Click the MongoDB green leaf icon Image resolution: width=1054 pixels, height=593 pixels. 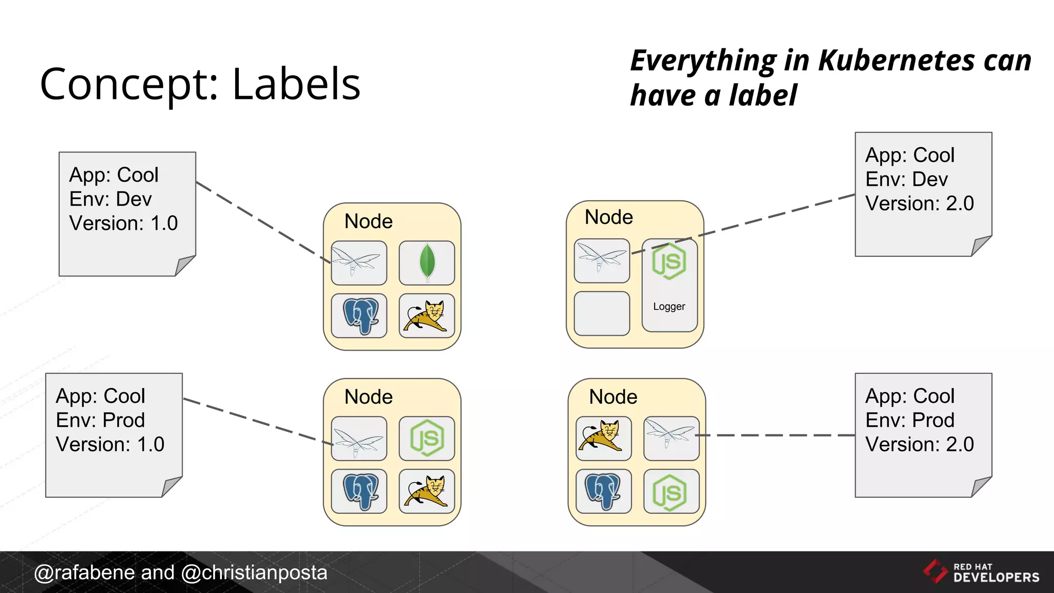[x=427, y=263]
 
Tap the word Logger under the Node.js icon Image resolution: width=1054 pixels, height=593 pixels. [x=669, y=307]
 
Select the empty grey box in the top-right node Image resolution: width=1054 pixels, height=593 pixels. [x=602, y=313]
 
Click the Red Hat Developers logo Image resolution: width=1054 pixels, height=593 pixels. [x=981, y=572]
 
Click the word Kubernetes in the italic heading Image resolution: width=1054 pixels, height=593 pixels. [x=896, y=61]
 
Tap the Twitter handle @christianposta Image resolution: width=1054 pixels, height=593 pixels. [x=254, y=572]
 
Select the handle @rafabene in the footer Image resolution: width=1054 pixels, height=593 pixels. [x=84, y=572]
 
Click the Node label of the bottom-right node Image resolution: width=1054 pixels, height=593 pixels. [x=613, y=397]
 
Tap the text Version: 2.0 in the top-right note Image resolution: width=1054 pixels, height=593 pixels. [x=919, y=203]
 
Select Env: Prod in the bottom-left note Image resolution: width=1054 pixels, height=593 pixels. [x=100, y=420]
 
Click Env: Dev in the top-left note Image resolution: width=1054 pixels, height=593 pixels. [x=111, y=199]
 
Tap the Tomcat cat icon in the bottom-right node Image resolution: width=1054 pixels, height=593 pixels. [x=603, y=438]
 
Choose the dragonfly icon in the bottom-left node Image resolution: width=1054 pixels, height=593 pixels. [x=359, y=439]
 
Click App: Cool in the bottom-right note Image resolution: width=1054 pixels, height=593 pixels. [x=909, y=396]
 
